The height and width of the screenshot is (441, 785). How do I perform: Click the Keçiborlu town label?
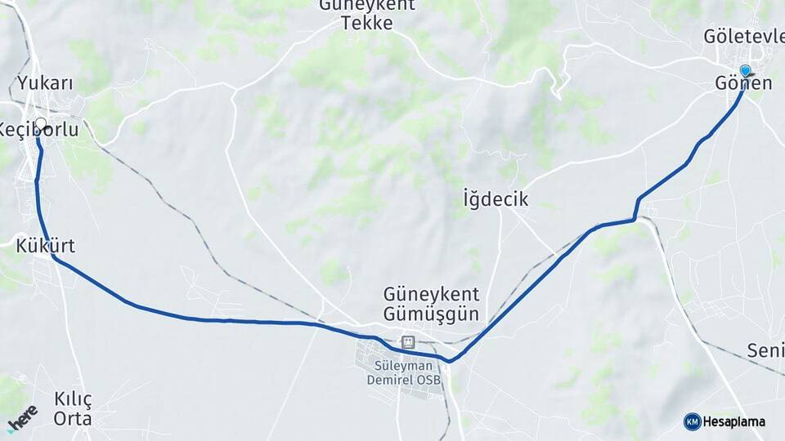pos(39,130)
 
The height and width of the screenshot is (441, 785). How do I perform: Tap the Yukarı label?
pos(46,83)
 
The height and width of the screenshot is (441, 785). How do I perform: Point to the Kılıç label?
pos(73,399)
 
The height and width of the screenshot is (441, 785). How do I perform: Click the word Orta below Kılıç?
pos(72,419)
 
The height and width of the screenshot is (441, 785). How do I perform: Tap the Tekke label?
pos(367,23)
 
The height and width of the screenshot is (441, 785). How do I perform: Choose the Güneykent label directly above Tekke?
pos(367,5)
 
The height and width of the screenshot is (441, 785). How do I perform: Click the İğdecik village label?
pos(496,199)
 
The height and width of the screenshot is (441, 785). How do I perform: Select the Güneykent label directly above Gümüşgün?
pos(431,294)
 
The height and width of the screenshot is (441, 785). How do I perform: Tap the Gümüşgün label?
pos(431,314)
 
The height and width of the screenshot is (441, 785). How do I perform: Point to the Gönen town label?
pos(743,84)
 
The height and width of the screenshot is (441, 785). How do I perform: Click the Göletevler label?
pos(742,36)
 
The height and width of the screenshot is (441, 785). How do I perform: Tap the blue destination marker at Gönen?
pos(745,71)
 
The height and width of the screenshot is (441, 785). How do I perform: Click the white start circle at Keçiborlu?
pos(41,124)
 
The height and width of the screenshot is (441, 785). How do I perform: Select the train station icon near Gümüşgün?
pos(407,342)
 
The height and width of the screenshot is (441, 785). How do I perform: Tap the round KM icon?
pos(692,421)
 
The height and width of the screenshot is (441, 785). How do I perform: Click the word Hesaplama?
pos(733,422)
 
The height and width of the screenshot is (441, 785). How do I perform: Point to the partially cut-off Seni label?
pos(765,351)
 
